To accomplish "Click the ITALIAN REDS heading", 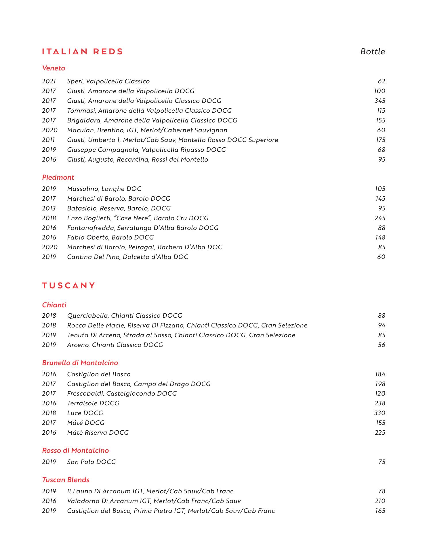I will [x=83, y=52].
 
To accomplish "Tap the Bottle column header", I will [x=373, y=52].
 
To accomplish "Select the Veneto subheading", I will [x=54, y=68].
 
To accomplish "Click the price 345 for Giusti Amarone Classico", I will [x=380, y=101].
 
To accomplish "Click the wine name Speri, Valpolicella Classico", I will [x=108, y=81].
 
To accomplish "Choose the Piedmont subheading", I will [x=58, y=177].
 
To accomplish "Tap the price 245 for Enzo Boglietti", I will [x=380, y=218].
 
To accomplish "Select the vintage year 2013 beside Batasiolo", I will [x=49, y=208].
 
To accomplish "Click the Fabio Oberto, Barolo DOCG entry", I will [x=110, y=237].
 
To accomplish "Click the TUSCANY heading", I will [x=68, y=286].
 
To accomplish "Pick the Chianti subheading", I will [x=54, y=305].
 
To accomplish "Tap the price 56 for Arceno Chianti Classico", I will [x=382, y=345].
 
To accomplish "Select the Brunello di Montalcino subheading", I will [x=80, y=363].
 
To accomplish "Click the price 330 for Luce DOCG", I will [x=380, y=413].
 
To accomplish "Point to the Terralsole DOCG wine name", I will [x=93, y=403].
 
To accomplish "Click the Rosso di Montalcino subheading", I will [x=75, y=451].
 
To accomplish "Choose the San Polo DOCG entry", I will [x=91, y=462].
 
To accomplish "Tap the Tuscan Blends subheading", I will [x=66, y=480].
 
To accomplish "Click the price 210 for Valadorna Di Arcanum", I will [x=380, y=501].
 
